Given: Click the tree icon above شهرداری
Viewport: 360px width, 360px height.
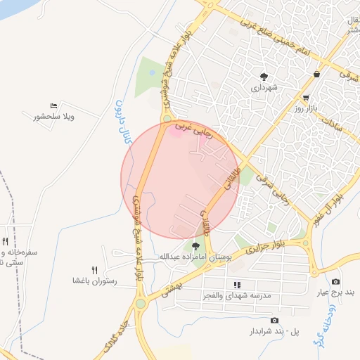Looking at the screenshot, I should [264, 77].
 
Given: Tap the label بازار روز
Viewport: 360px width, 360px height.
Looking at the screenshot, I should [307, 109].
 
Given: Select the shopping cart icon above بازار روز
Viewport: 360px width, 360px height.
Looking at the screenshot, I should [306, 98].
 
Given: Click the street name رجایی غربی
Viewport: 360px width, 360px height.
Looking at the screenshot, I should [192, 129].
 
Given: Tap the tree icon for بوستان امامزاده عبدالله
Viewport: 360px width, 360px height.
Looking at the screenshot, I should [195, 246].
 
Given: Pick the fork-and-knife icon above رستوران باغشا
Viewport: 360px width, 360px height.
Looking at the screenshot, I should [94, 270].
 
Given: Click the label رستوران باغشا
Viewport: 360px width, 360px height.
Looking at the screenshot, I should [94, 281].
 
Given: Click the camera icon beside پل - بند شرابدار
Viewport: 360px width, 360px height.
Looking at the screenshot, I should [273, 320].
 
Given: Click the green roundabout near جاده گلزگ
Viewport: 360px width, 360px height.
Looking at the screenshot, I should [141, 304].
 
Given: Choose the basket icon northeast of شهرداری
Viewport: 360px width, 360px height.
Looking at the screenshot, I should [318, 74].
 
